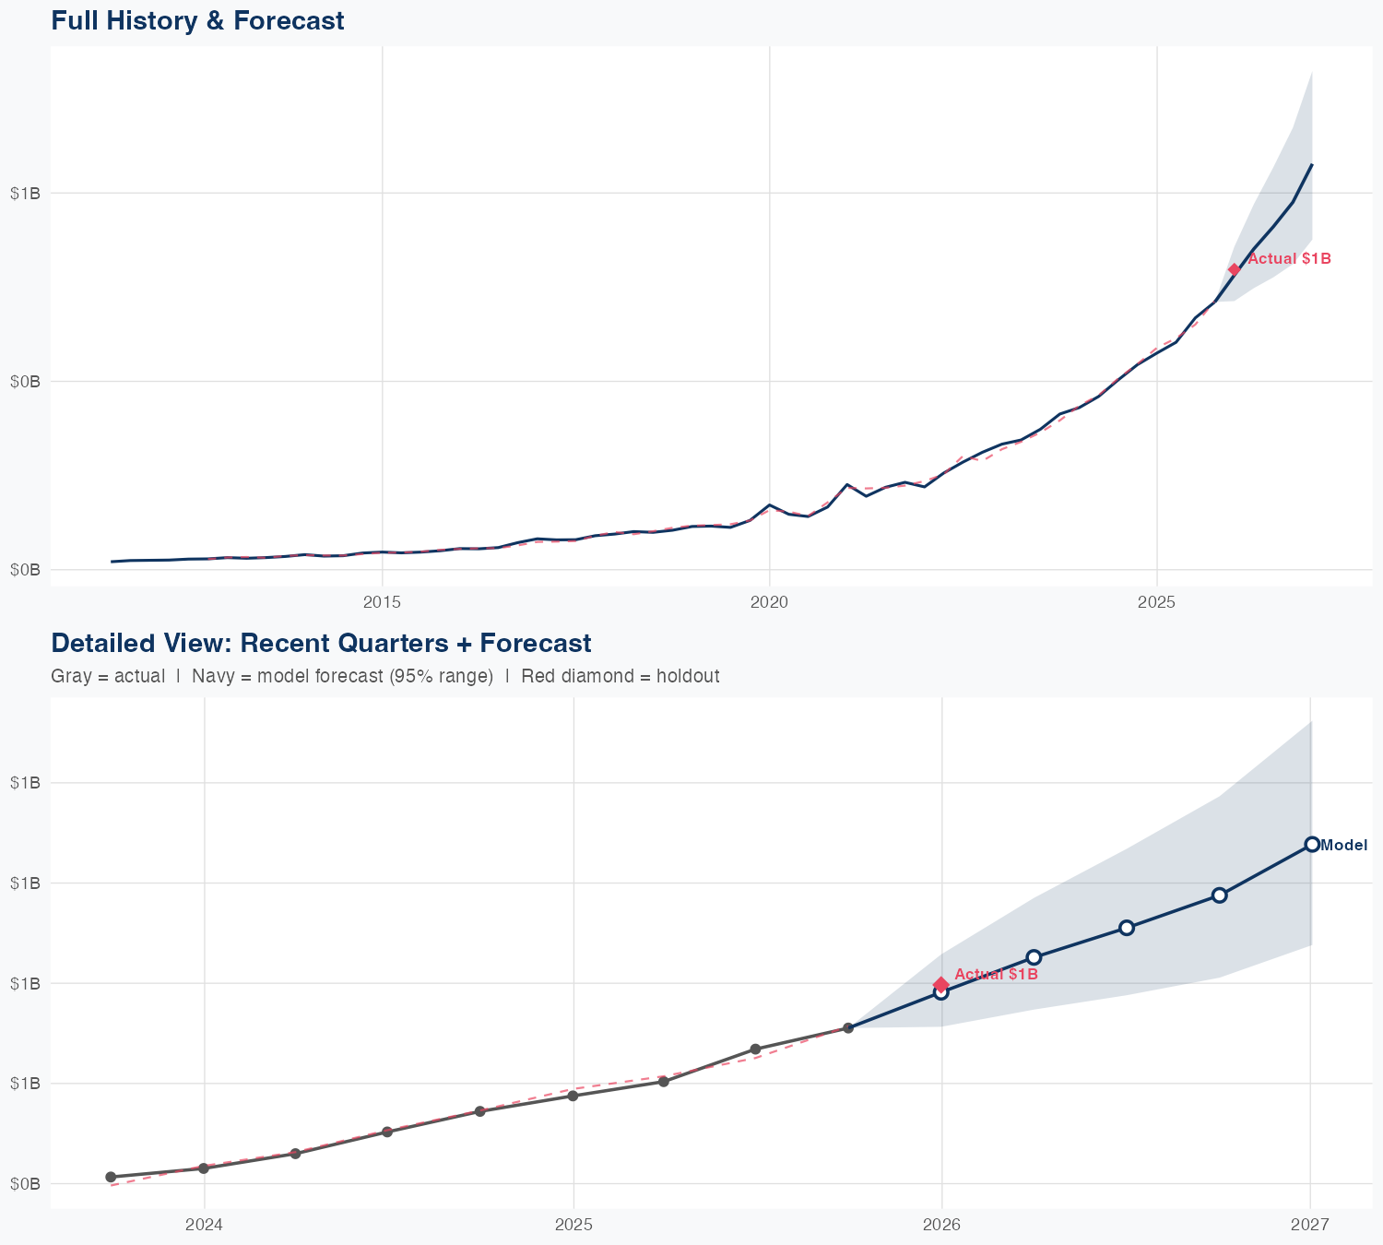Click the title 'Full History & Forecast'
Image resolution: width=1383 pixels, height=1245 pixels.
point(197,20)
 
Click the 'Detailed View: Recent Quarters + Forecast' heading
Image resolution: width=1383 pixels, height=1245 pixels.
point(321,643)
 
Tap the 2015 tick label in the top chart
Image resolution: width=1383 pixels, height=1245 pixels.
point(382,602)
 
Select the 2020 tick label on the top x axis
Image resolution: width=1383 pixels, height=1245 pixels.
point(769,602)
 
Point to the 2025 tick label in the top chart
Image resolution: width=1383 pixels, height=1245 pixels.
point(1156,602)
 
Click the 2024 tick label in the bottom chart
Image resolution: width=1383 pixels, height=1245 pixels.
point(204,1225)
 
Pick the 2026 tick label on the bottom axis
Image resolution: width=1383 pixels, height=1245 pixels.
point(941,1225)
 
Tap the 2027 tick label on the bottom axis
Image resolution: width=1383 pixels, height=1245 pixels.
point(1310,1225)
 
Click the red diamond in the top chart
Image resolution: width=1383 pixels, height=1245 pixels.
point(1234,269)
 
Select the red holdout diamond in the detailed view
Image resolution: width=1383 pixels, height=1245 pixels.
point(940,985)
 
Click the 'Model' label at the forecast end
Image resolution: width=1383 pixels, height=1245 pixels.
point(1343,845)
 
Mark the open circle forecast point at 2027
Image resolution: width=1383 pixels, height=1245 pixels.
point(1311,844)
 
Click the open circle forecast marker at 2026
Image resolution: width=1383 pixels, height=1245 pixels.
point(940,992)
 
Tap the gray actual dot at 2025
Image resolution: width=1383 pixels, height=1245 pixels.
point(573,1096)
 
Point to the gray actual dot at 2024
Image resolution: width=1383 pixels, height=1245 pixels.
point(204,1168)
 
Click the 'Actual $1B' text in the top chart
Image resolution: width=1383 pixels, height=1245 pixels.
point(1289,259)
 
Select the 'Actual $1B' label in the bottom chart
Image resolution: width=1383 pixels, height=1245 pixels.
point(996,974)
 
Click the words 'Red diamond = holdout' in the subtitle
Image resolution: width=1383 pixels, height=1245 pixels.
point(620,676)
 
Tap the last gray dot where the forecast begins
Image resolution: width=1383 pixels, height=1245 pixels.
point(848,1027)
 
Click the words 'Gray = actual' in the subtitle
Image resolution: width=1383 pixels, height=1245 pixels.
point(108,676)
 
